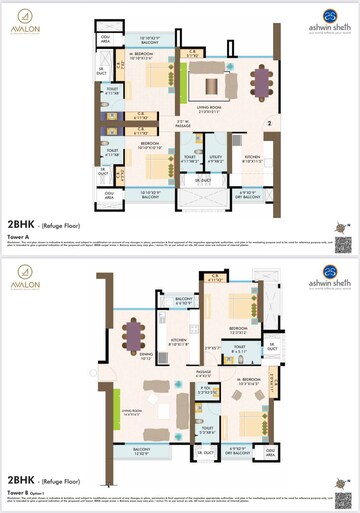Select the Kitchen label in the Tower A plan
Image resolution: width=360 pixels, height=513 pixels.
[x=252, y=157]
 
